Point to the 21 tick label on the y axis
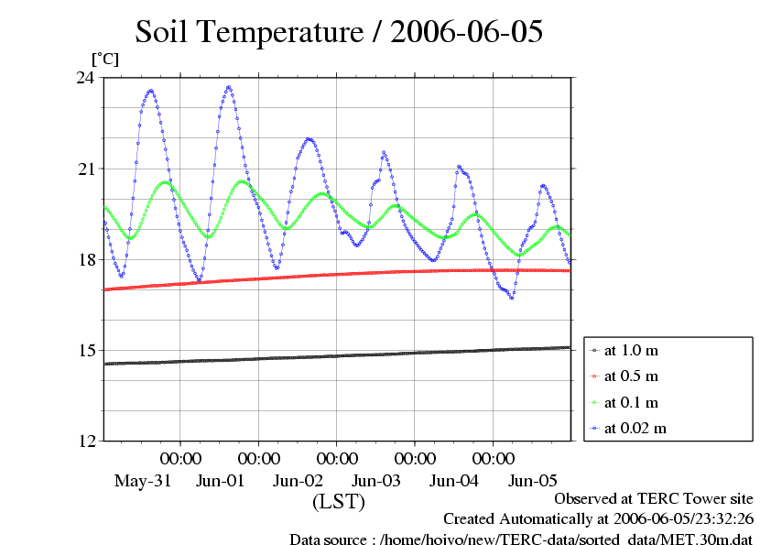click(x=84, y=169)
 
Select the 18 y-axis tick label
click(x=84, y=260)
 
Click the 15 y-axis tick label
click(x=84, y=351)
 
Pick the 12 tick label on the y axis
click(x=84, y=441)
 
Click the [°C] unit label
click(x=103, y=59)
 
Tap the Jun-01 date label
click(x=220, y=481)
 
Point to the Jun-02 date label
click(x=298, y=481)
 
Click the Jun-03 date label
click(x=376, y=481)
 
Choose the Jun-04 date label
click(x=454, y=481)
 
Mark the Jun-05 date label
click(x=532, y=481)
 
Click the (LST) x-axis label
click(x=339, y=502)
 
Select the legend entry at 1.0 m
click(x=632, y=350)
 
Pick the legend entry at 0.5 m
click(x=632, y=376)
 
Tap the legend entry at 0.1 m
click(x=632, y=402)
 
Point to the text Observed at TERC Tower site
click(x=654, y=499)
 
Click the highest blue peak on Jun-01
click(x=229, y=88)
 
